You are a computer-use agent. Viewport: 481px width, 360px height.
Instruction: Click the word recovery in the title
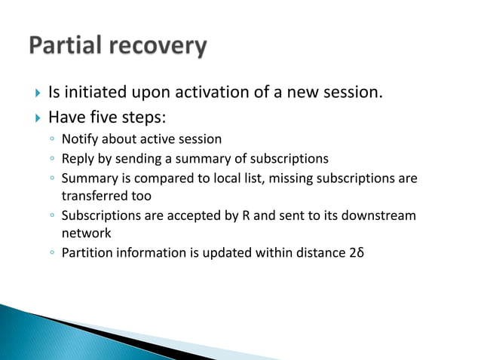coord(158,47)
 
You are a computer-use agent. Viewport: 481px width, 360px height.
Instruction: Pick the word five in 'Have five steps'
coord(100,117)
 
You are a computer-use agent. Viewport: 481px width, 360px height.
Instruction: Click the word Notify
coord(79,139)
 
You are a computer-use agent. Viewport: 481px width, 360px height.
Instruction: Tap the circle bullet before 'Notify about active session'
coord(49,140)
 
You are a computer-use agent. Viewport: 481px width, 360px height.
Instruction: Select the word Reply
coord(77,158)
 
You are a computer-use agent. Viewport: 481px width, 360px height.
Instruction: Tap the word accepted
coord(179,215)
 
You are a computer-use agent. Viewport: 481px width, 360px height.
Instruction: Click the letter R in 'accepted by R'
coord(245,215)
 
